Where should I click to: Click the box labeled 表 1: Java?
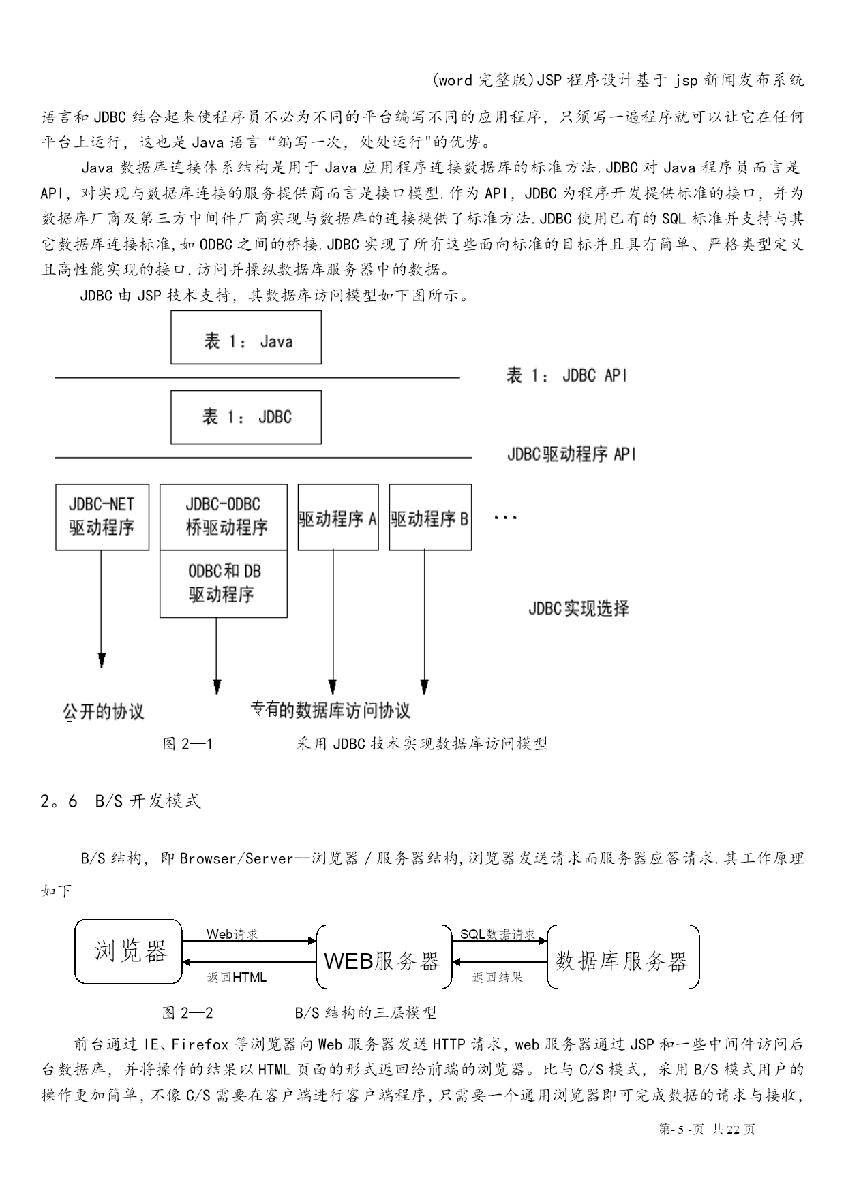click(x=245, y=338)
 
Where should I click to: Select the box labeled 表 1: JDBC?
click(x=245, y=417)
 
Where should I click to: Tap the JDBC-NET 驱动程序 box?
click(x=102, y=516)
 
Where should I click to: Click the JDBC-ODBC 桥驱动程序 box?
click(x=224, y=516)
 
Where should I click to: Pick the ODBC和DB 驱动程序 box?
click(x=224, y=584)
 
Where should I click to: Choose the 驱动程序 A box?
click(x=338, y=518)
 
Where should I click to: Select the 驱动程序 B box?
click(x=430, y=518)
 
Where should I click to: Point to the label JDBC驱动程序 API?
click(x=571, y=454)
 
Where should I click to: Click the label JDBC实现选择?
click(x=578, y=608)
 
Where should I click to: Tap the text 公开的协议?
click(x=104, y=712)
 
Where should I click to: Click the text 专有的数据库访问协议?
click(x=331, y=711)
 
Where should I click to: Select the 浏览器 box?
click(x=129, y=951)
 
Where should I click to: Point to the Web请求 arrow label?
click(x=232, y=934)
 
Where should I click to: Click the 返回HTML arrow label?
click(x=237, y=977)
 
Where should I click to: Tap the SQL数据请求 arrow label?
click(x=498, y=934)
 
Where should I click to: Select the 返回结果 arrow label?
click(x=498, y=977)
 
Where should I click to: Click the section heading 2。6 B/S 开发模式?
click(x=121, y=801)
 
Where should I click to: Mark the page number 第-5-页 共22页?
click(x=707, y=1130)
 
